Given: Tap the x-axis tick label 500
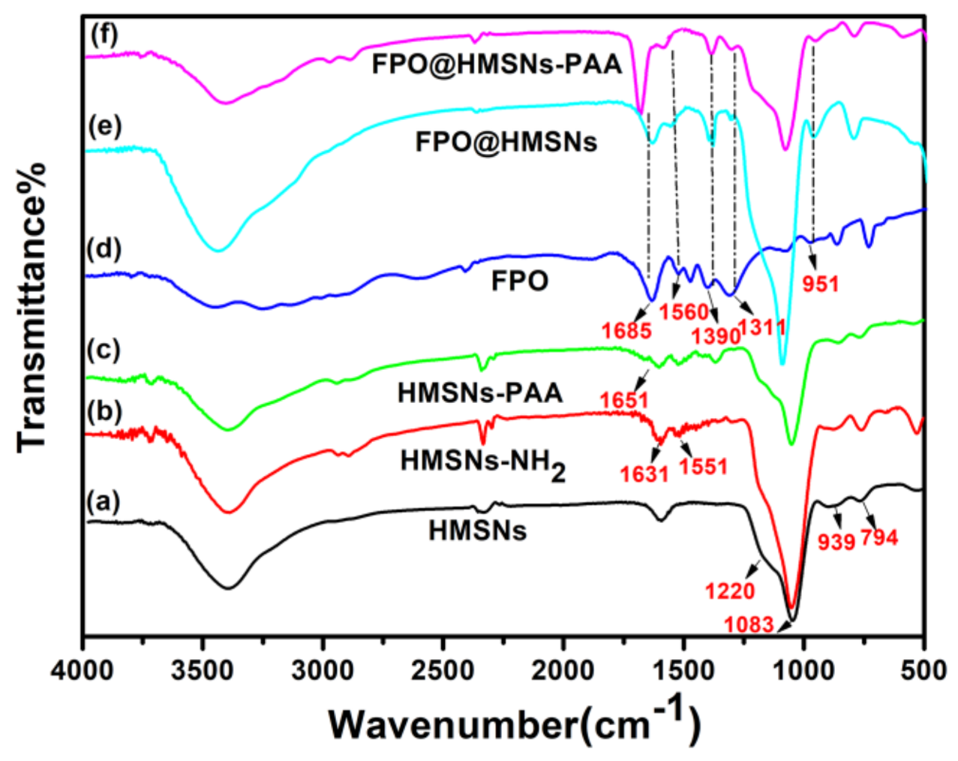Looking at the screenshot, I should coord(924,670).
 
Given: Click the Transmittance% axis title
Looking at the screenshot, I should coord(32,307).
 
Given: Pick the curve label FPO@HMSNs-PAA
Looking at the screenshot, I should coord(497,65).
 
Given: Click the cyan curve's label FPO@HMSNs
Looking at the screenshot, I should coord(506,141).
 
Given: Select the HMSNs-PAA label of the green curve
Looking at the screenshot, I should coord(480,393).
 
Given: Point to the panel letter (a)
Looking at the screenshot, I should coord(104,501).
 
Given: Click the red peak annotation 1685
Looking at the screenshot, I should coord(626,330).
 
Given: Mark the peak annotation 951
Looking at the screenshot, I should coord(820,284).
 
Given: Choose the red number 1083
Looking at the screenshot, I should coord(749,624).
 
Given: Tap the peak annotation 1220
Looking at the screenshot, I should coord(730,591).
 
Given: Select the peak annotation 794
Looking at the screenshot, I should coord(879,537).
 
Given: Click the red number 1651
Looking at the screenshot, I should coord(624,400).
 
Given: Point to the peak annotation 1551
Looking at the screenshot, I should coord(703,467).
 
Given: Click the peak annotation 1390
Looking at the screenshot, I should coord(716,335).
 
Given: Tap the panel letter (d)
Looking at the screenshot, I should coord(104,248).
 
